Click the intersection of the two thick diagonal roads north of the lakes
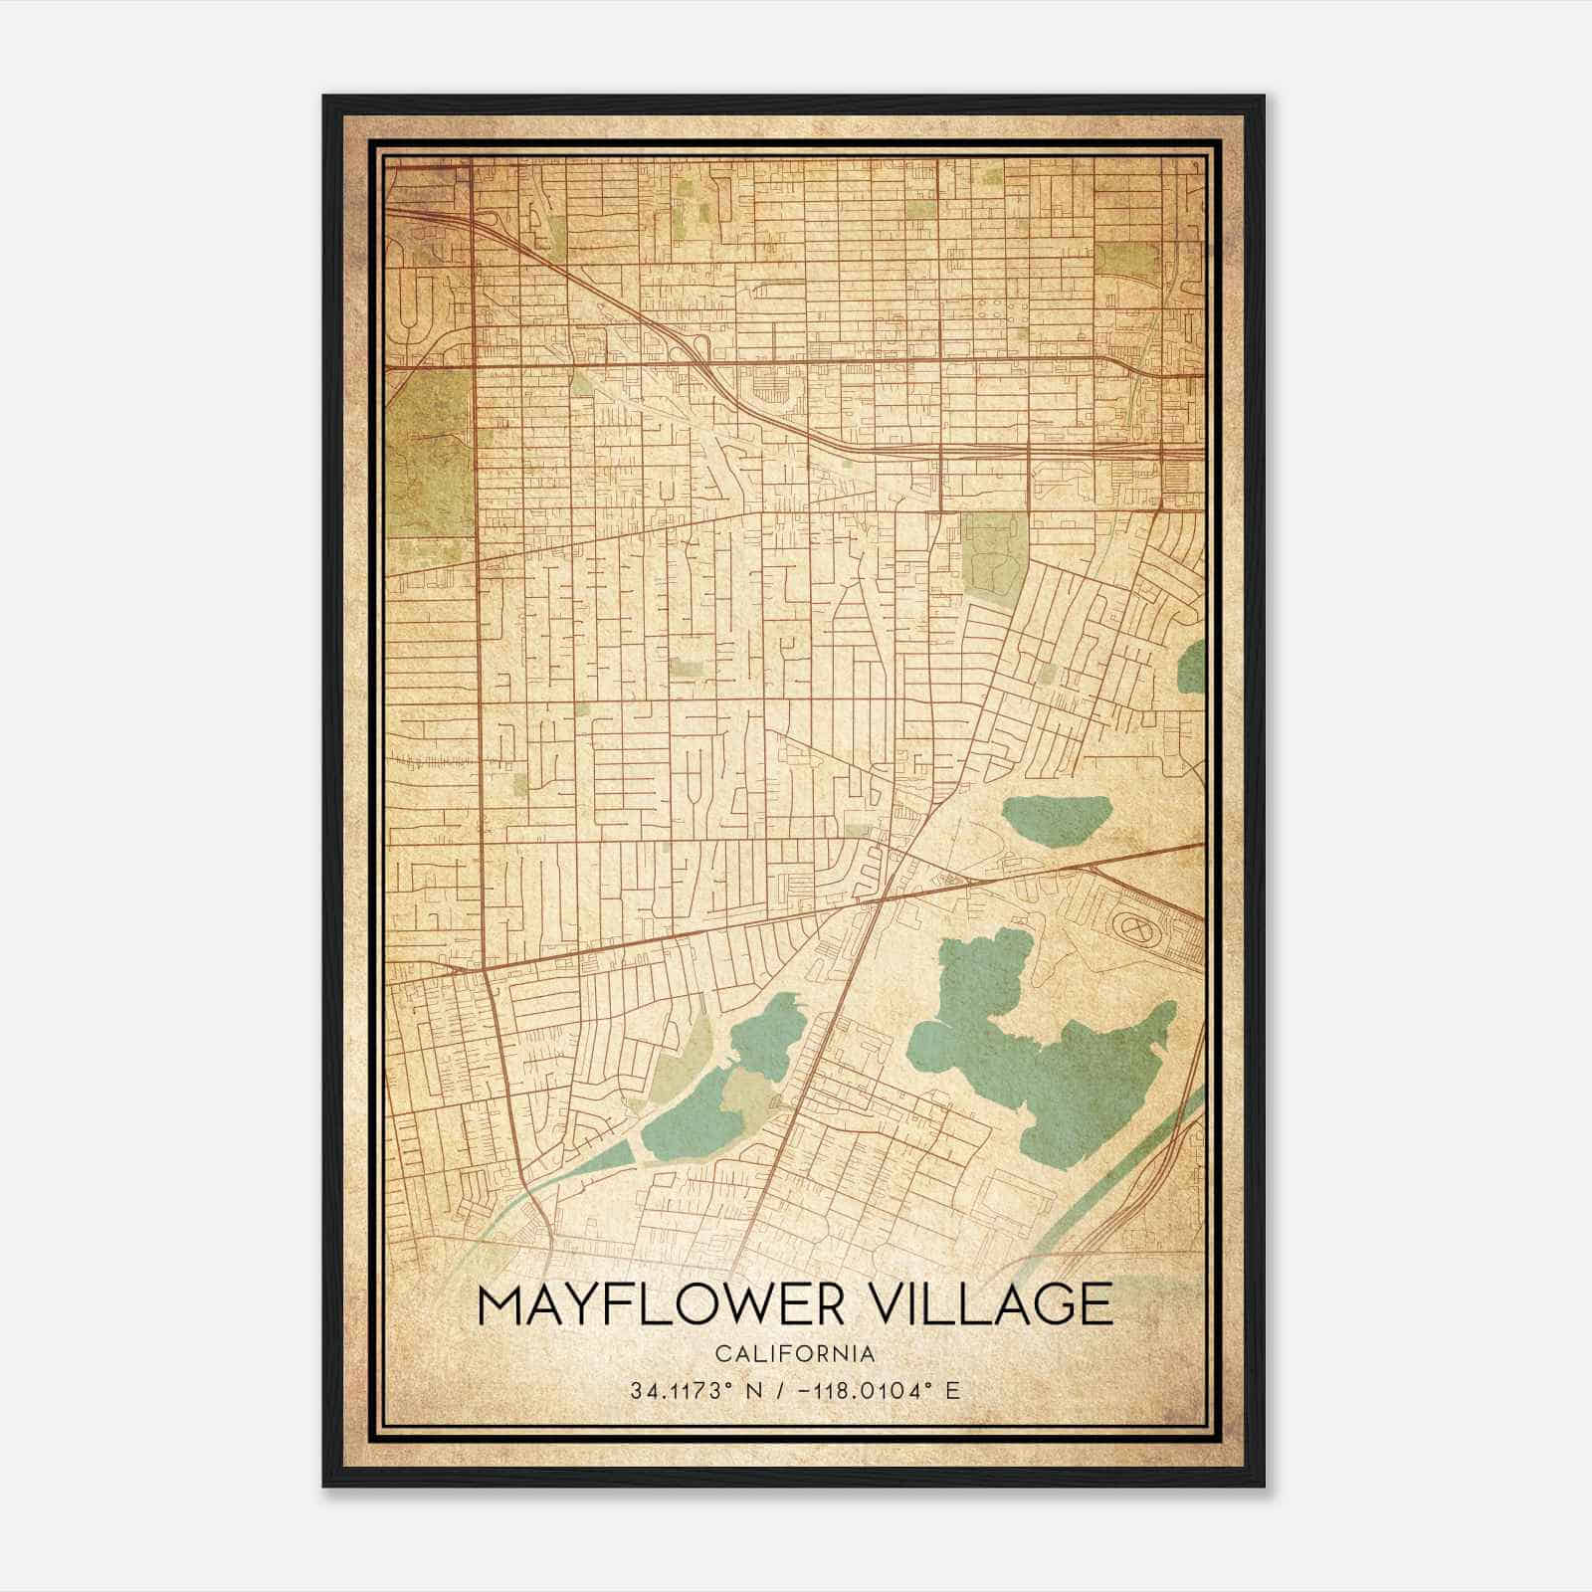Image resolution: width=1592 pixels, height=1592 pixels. pyautogui.click(x=884, y=895)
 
